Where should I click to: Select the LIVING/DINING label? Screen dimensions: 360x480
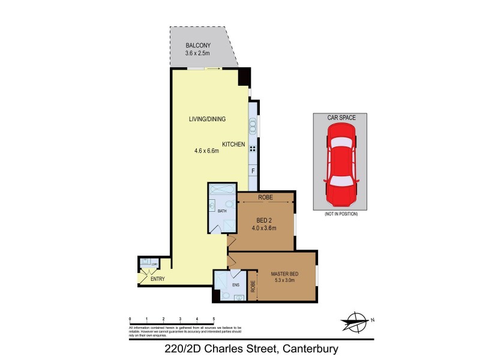click(x=207, y=119)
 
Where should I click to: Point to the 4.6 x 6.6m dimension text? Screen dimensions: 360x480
click(x=206, y=151)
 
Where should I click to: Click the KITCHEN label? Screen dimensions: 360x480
click(x=234, y=145)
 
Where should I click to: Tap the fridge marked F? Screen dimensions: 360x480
click(x=254, y=171)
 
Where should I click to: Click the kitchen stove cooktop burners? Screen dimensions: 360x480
click(x=253, y=149)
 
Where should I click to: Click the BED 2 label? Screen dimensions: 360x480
click(x=264, y=219)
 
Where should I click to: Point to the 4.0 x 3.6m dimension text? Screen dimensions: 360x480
click(x=264, y=227)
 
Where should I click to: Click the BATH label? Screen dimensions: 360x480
click(x=222, y=211)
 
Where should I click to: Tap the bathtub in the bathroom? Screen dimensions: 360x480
click(x=222, y=190)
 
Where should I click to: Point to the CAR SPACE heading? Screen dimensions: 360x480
click(x=340, y=118)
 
